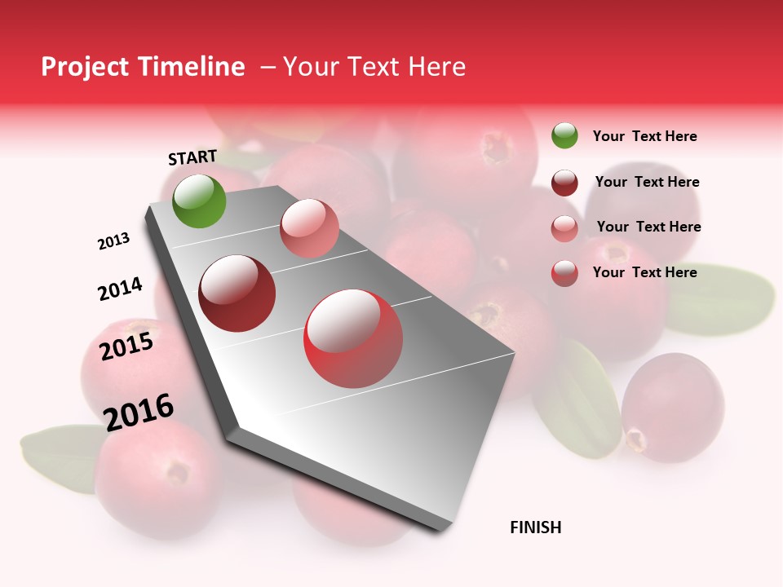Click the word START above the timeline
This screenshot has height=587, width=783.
coord(192,157)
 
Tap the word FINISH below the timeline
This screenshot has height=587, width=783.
coord(535,527)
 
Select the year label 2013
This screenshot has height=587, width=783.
coord(113,241)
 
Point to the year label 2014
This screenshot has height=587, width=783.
coord(120,289)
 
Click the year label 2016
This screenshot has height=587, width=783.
coord(139,412)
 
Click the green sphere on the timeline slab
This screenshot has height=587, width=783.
coord(199,201)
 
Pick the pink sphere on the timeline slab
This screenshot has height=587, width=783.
coord(309,228)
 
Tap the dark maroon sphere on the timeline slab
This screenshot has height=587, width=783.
coord(237,293)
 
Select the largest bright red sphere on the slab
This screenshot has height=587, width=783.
coord(353,338)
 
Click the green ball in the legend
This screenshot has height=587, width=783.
coord(564,135)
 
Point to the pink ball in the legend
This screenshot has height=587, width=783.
coord(564,228)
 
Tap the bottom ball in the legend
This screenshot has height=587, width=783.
coord(564,273)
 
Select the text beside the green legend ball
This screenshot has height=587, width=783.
coord(644,136)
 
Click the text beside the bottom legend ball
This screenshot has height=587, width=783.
coord(644,272)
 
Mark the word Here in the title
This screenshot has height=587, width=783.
coord(436,67)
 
